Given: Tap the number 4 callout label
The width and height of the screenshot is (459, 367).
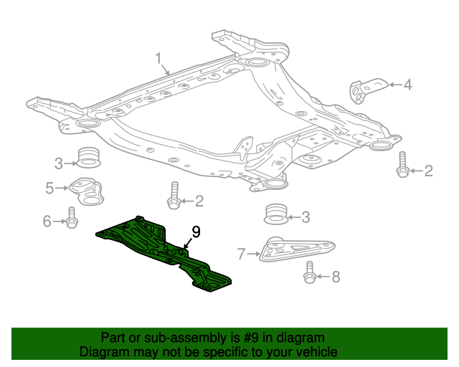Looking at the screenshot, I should (x=407, y=86).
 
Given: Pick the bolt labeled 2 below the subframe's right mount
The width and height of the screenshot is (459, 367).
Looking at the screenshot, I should (x=402, y=166).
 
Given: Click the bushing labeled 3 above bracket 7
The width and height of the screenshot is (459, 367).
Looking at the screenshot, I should (x=276, y=214).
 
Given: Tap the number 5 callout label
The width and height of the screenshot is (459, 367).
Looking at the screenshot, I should (x=49, y=189).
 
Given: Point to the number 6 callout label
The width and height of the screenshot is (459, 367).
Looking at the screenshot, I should (x=47, y=221).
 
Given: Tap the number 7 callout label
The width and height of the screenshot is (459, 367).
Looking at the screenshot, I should (x=241, y=253).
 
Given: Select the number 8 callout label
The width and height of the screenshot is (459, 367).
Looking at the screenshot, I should (x=336, y=277).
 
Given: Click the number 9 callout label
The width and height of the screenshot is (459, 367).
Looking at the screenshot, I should (x=195, y=232).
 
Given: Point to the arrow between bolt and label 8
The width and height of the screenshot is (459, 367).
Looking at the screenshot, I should (x=322, y=277).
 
